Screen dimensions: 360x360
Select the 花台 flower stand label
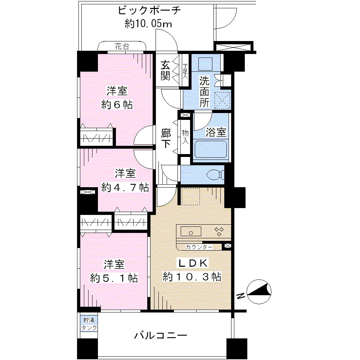click(x=122, y=46)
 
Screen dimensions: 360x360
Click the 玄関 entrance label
click(x=165, y=71)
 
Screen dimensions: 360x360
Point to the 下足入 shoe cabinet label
click(x=185, y=71)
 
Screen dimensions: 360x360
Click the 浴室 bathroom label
click(x=216, y=132)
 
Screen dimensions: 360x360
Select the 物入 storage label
click(x=185, y=136)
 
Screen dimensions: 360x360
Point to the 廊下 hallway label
click(x=166, y=139)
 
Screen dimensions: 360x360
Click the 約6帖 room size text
click(x=117, y=105)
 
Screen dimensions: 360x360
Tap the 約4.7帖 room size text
click(x=125, y=187)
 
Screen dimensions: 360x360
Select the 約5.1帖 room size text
click(x=114, y=278)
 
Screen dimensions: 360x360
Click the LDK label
click(x=194, y=264)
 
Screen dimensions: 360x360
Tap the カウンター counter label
click(x=199, y=247)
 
